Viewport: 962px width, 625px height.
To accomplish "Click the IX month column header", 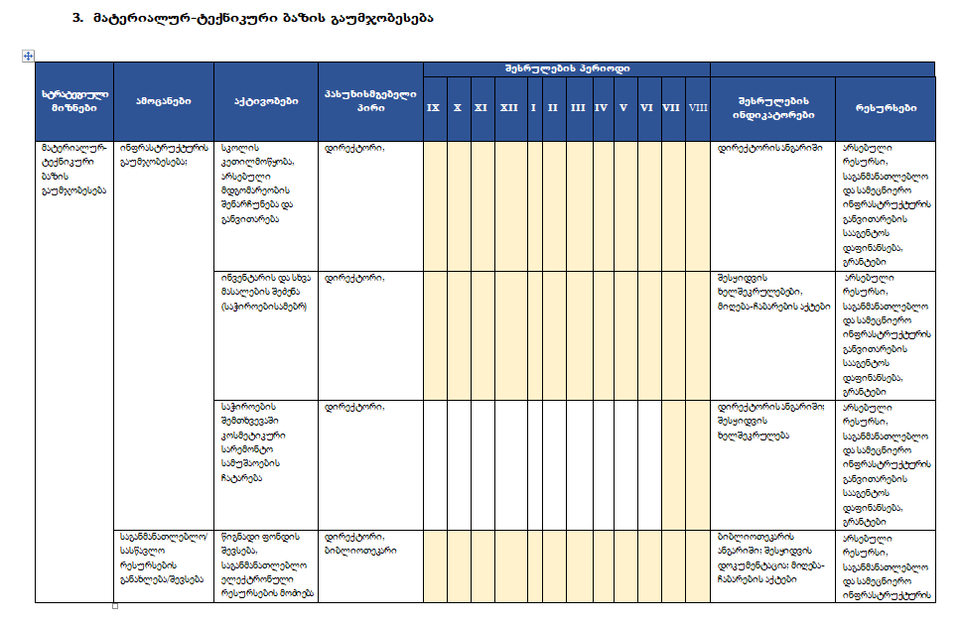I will pos(433,107).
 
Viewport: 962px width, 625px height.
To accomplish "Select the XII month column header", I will pos(508,107).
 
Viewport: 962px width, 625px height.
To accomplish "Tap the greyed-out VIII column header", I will pos(698,107).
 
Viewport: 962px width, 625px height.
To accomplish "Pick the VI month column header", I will pos(646,107).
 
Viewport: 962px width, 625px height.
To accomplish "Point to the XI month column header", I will pos(481,107).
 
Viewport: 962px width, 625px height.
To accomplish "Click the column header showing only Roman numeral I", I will pos(533,107).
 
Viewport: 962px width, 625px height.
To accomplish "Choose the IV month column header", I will pos(602,107).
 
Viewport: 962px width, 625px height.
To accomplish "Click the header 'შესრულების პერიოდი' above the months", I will pos(566,68).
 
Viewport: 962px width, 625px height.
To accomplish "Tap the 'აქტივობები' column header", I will pos(264,101).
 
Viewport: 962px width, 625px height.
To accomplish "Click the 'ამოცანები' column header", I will pos(164,101).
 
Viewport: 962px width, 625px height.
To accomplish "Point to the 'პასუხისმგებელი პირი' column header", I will pos(369,101).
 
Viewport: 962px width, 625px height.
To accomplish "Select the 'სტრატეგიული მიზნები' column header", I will pos(74,101).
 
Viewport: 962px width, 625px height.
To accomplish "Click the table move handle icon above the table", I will pos(29,57).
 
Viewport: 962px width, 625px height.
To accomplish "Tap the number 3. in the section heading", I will pos(78,18).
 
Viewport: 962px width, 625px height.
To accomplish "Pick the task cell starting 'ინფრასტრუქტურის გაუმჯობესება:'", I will pos(159,155).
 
